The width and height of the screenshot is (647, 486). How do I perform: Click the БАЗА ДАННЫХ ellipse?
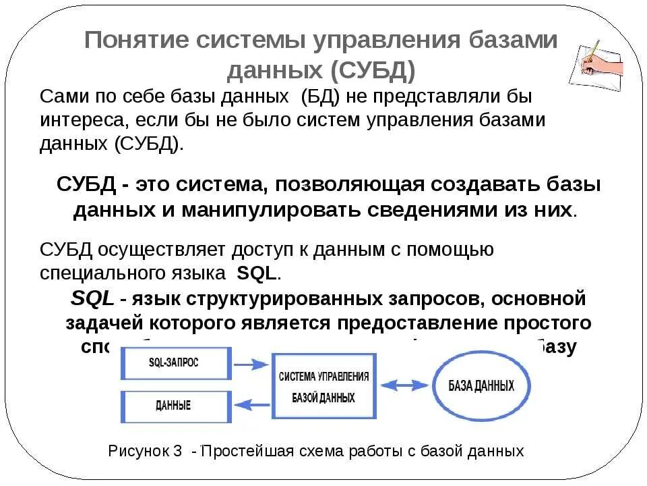pos(481,387)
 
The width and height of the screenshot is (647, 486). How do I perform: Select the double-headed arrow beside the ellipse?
pos(403,387)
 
